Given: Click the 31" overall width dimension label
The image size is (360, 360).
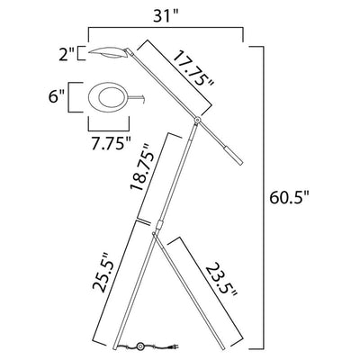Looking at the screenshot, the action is [166, 15].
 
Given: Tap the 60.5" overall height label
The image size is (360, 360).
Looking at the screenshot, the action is [289, 198].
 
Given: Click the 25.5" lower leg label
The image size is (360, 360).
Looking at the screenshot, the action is [103, 272].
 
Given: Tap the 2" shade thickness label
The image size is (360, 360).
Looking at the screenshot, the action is [66, 54].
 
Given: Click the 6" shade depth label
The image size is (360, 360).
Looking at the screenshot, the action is [57, 97].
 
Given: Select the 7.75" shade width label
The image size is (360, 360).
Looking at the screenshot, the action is [112, 143].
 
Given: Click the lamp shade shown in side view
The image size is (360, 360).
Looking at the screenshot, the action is [107, 52].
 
